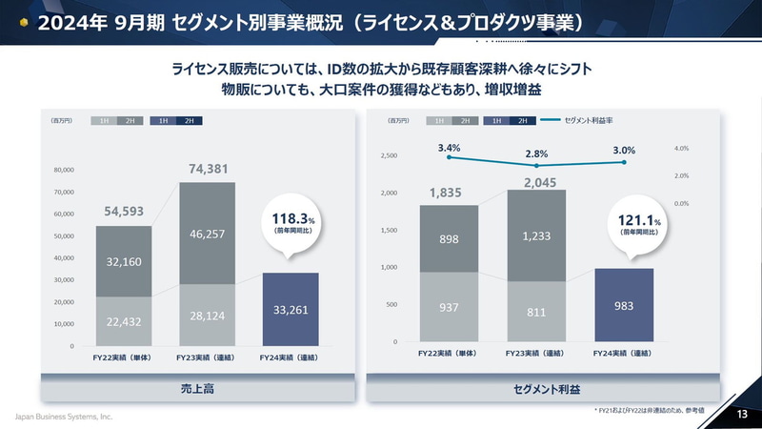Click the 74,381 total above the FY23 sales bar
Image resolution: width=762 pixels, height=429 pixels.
[208, 170]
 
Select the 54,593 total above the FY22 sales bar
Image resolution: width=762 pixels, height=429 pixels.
[124, 212]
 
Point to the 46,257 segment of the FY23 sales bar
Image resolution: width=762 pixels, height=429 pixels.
[208, 233]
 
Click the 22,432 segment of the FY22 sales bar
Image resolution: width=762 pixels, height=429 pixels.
[124, 321]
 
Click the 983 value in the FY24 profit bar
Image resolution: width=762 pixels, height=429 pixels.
[624, 305]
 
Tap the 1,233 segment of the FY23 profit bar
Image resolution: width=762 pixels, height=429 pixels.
[536, 235]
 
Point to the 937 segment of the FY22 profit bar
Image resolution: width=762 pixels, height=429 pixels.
[449, 307]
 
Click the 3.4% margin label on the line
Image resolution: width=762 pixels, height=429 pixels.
[449, 148]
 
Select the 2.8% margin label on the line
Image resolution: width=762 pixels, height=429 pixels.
[536, 153]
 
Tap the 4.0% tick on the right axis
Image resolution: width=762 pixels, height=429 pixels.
[681, 149]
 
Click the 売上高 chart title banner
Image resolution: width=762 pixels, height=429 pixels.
[200, 389]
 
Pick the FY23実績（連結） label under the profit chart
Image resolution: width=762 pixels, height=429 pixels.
[536, 354]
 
